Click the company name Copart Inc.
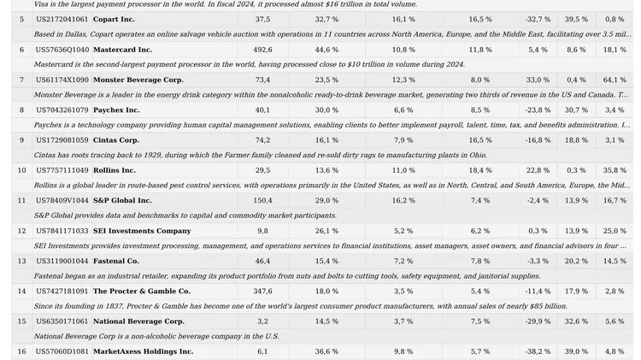114,19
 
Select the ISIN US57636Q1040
62,50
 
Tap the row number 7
21,80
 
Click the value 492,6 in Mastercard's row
262,50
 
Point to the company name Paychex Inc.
116,110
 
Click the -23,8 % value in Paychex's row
538,110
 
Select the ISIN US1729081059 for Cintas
62,140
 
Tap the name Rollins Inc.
115,170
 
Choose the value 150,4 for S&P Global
262,200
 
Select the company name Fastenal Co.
115,261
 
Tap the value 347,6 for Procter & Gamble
262,292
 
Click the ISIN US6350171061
62,322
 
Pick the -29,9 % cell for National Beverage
538,322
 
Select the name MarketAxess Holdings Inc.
143,351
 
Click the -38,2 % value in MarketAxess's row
538,351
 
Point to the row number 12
21,231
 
